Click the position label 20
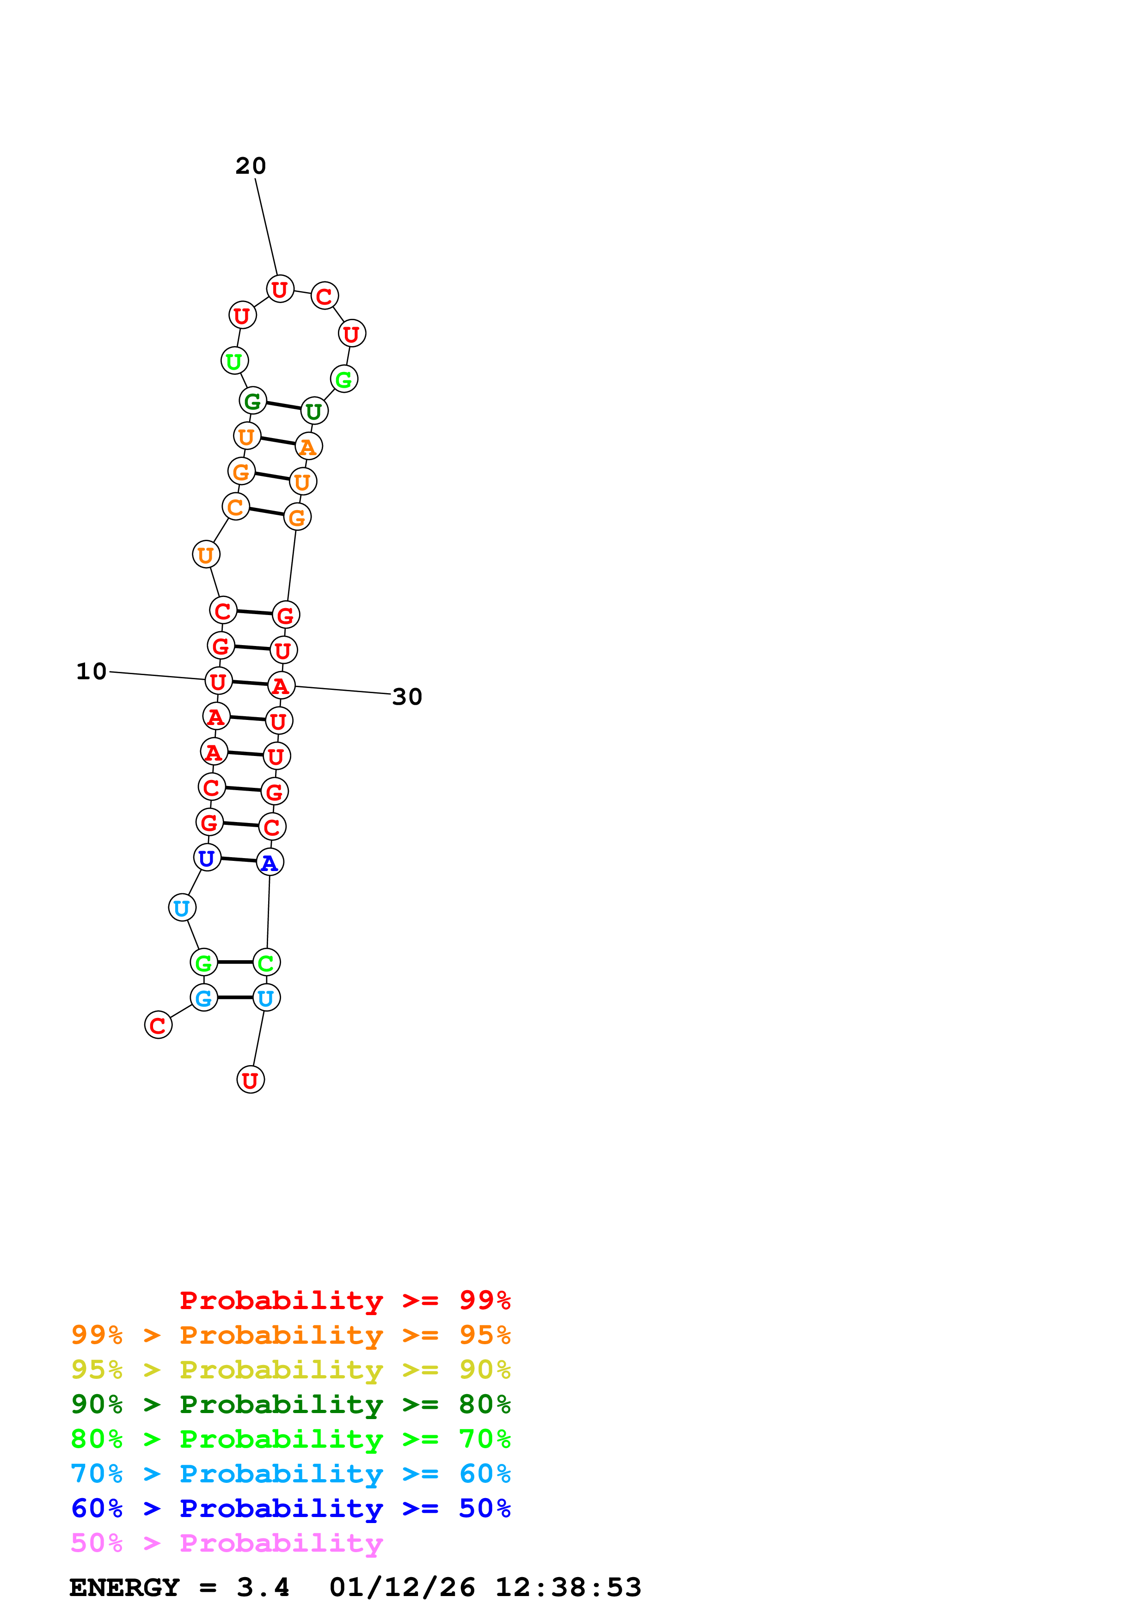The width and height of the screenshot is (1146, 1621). tap(251, 166)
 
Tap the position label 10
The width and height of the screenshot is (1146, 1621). tap(91, 671)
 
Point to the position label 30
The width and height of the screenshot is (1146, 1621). tap(407, 697)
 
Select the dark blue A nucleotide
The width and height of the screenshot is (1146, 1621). tap(270, 862)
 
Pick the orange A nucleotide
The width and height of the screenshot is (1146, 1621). tap(308, 446)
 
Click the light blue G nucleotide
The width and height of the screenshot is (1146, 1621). tap(204, 998)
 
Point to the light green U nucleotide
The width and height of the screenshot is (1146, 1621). tap(234, 361)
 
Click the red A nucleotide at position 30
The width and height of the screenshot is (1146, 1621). tap(281, 686)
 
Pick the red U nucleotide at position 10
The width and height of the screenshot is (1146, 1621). tap(218, 681)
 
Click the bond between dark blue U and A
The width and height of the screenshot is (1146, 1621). tap(239, 860)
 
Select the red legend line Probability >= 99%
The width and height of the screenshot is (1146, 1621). tap(344, 1300)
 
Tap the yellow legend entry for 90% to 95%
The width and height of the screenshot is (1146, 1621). tap(290, 1370)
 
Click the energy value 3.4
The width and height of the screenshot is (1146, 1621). tap(263, 1587)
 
